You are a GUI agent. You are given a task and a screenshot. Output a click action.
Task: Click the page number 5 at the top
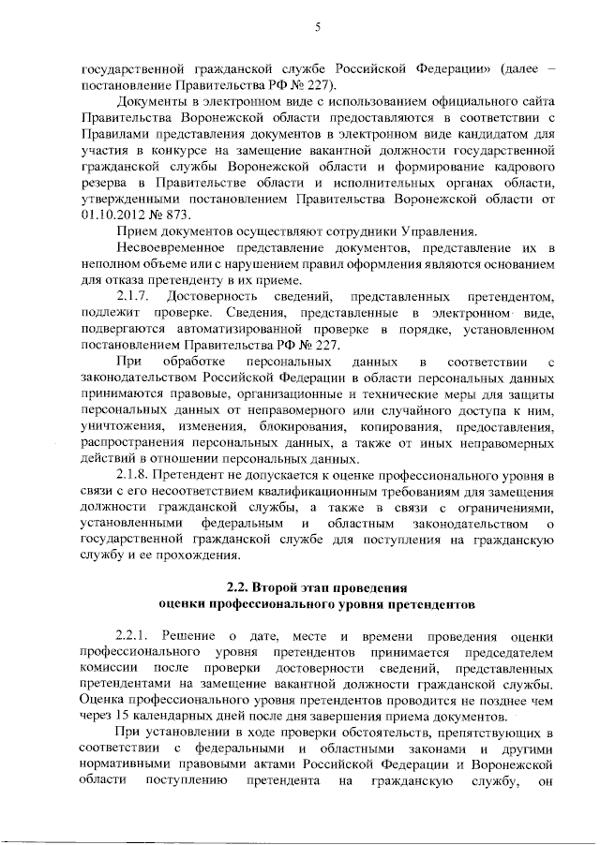click(318, 27)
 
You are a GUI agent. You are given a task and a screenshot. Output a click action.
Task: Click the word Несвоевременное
click(172, 246)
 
